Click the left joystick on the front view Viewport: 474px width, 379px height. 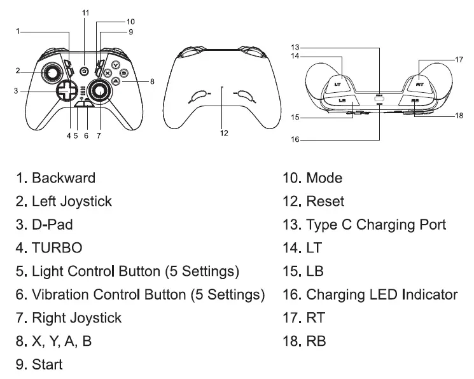pos(49,73)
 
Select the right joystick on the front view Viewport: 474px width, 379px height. pos(100,92)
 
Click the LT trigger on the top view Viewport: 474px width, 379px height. pos(338,82)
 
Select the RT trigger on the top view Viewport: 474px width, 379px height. pos(419,83)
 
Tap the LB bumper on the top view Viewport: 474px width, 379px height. pos(342,100)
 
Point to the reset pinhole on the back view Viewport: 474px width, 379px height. pos(221,86)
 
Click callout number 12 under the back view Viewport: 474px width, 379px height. pos(223,133)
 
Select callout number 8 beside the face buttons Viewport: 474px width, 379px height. pos(152,81)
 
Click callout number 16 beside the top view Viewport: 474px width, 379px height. pos(295,139)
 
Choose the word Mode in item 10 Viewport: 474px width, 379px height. pos(324,178)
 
